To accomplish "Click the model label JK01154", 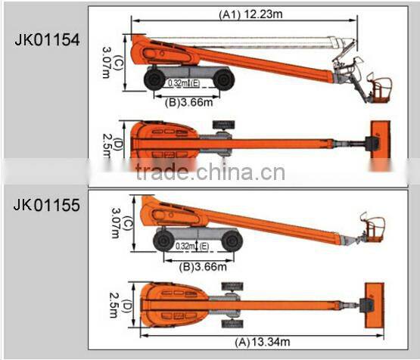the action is click(x=47, y=40).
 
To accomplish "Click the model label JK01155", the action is click(x=47, y=205).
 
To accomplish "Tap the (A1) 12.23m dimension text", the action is click(x=250, y=14).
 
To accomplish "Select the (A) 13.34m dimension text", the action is click(x=263, y=343).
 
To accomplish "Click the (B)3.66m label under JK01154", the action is click(x=189, y=103).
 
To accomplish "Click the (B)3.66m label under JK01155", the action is click(x=203, y=267).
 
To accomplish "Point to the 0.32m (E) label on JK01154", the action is click(x=184, y=83).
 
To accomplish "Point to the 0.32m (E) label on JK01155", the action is click(x=192, y=246).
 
